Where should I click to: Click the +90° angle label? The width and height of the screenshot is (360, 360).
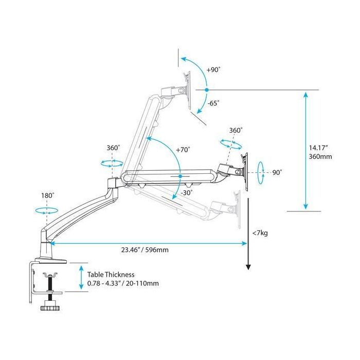213,69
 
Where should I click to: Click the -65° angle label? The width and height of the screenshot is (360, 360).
213,103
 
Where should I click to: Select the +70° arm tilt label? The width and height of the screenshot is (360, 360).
183,150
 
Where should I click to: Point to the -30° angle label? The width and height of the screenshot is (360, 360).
187,193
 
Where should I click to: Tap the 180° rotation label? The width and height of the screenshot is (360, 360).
48,195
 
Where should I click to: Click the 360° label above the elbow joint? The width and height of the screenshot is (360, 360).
113,148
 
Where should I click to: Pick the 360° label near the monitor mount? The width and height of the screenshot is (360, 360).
236,131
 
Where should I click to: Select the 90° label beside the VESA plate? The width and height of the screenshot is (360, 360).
277,173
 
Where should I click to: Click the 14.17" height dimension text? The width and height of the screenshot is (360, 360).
319,146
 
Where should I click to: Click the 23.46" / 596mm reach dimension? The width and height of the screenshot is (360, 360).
146,250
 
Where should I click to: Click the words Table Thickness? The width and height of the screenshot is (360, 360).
111,275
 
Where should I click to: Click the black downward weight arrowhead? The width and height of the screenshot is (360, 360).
248,266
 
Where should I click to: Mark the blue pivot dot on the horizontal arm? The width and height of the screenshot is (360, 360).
181,176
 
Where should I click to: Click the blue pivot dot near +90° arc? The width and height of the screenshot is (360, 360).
206,90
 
